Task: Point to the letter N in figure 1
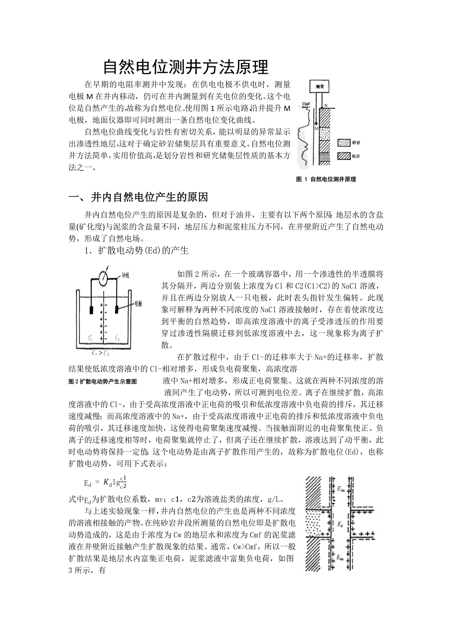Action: [x=325, y=105]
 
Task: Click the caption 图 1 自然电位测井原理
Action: [x=326, y=179]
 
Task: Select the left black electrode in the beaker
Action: [x=92, y=310]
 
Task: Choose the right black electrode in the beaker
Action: [x=117, y=309]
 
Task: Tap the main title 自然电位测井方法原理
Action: [x=186, y=67]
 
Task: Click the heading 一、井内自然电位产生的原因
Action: [x=139, y=198]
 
